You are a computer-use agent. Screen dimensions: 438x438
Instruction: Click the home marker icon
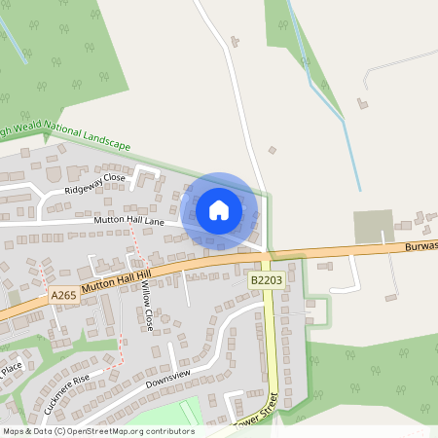tap(219, 210)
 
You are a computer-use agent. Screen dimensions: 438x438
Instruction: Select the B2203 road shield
tap(265, 280)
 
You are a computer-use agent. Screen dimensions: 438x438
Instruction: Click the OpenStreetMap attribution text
tap(98, 431)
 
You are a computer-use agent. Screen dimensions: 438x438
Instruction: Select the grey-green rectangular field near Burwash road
tap(372, 226)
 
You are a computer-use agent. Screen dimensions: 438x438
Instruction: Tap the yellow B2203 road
tap(270, 341)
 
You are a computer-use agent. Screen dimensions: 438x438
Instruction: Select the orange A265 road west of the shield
tap(24, 307)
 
